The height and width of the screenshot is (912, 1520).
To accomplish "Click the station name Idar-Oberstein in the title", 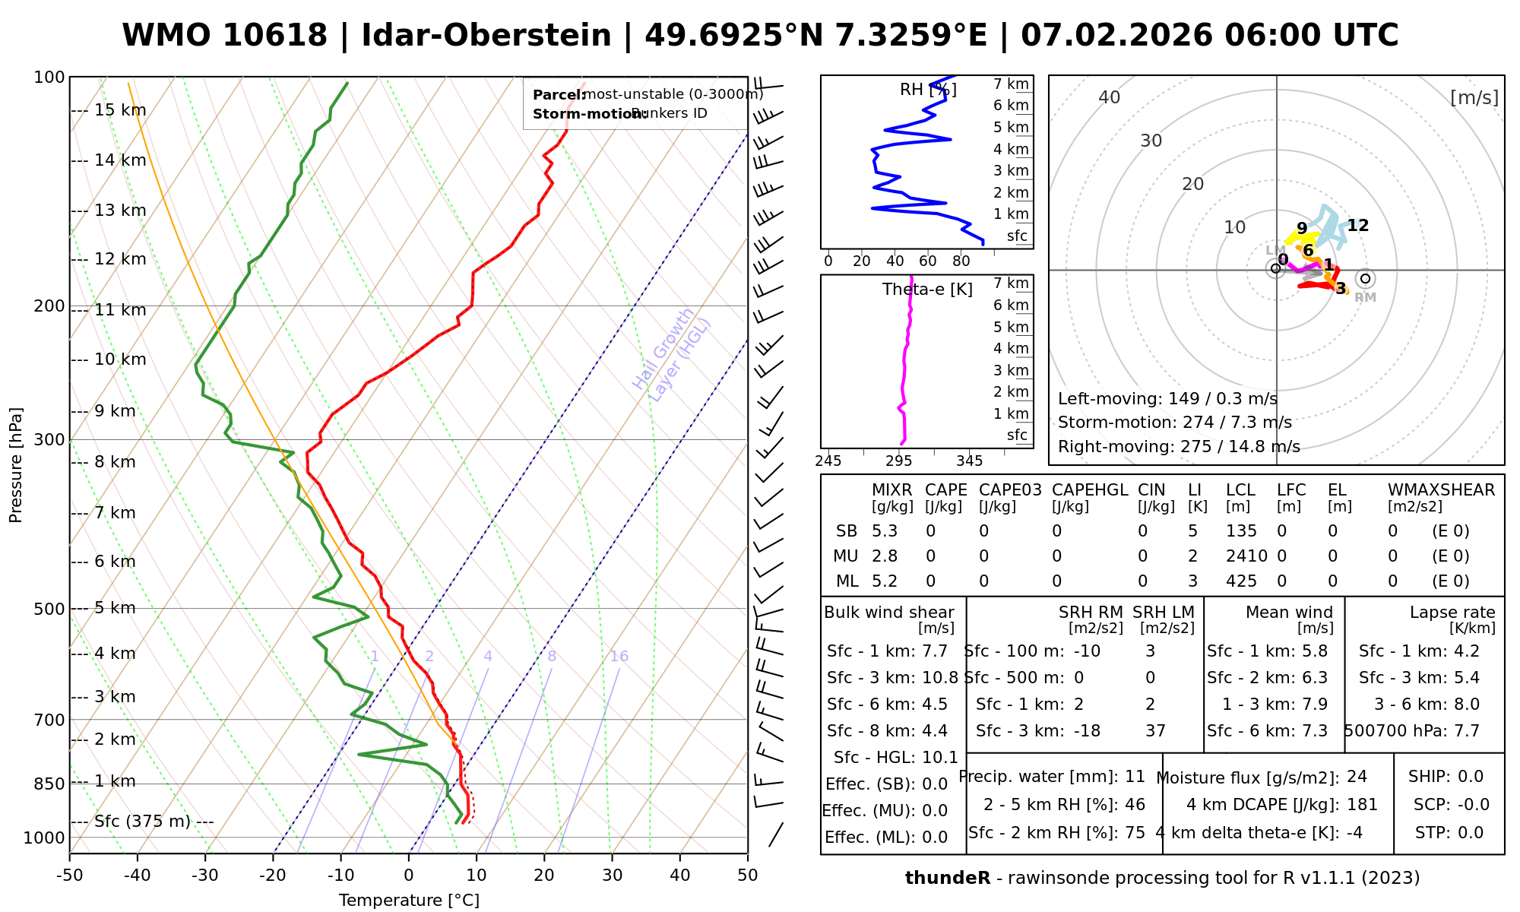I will point(486,36).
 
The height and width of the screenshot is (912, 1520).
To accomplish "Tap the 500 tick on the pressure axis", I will point(50,609).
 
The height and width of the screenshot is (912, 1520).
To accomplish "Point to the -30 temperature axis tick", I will point(205,876).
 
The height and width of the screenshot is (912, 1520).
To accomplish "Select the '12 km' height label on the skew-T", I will point(120,259).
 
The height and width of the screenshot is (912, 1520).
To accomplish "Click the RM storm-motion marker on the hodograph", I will point(1365,279).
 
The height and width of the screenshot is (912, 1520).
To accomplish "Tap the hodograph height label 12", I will point(1357,226).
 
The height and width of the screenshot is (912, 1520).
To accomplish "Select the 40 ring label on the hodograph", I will point(1110,97).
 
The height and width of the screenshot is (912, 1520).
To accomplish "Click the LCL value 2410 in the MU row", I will point(1246,556).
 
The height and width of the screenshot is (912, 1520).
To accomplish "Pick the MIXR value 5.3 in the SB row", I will point(885,531).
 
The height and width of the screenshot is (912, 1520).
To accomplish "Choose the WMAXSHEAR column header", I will point(1441,490).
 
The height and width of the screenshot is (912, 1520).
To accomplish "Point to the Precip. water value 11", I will point(1135,777).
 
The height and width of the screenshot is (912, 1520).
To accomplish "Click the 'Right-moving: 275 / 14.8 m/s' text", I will point(1179,446).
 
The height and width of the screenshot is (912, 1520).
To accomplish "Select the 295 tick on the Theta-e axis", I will point(899,461).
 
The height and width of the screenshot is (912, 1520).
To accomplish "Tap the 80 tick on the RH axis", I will point(961,261).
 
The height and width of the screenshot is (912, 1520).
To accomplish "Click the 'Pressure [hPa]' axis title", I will point(16,465).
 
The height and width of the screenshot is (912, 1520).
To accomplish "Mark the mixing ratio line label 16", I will point(619,656).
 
